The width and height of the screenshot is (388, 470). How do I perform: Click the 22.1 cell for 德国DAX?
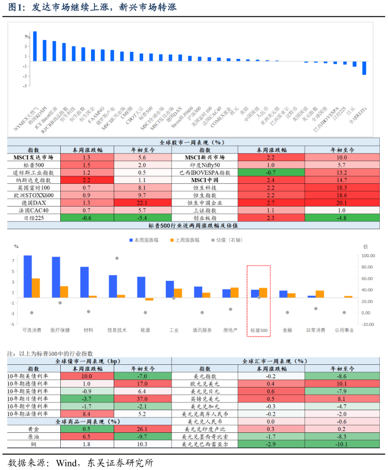(x=143, y=203)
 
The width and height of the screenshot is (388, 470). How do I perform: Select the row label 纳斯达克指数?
(x=33, y=180)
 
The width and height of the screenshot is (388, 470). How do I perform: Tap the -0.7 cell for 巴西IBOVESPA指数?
(x=271, y=172)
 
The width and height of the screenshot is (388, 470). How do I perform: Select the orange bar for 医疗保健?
(x=64, y=291)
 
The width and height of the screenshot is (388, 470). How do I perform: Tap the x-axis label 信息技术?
(x=117, y=331)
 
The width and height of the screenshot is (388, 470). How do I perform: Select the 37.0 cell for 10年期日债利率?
(x=143, y=399)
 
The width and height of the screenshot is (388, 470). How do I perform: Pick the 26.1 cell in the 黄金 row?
(x=143, y=429)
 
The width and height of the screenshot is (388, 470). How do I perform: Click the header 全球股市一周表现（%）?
(x=193, y=142)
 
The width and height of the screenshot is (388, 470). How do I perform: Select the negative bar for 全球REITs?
(x=364, y=68)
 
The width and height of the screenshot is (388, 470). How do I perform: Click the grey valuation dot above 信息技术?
(x=117, y=258)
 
